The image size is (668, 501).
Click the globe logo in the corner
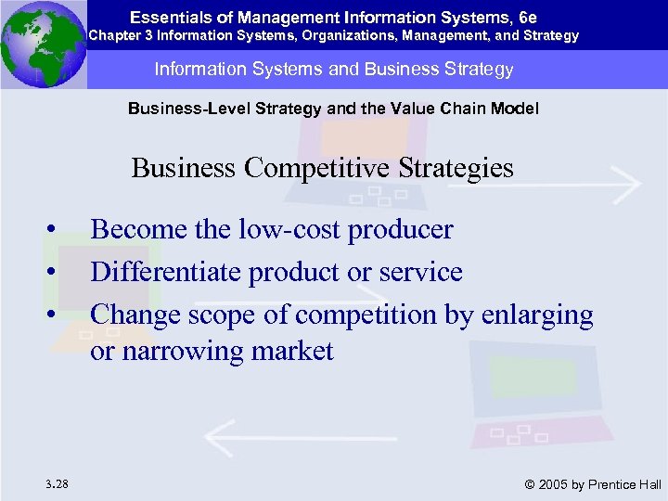(x=44, y=44)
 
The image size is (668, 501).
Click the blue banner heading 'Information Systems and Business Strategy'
(x=334, y=70)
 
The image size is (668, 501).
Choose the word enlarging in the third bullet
(x=537, y=315)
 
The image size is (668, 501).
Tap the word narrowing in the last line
(x=177, y=353)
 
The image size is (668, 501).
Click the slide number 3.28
(x=55, y=482)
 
